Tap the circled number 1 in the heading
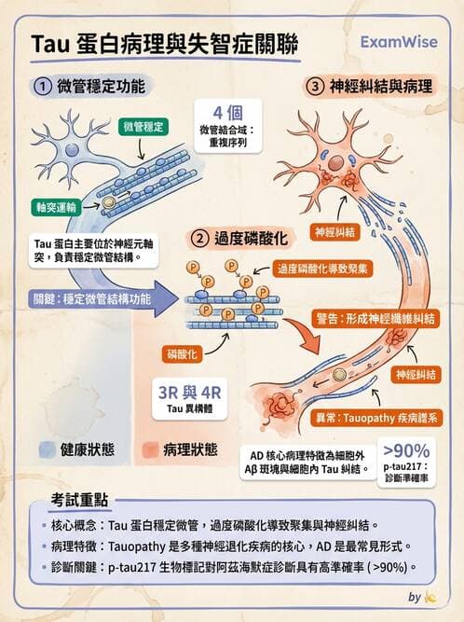coord(42,87)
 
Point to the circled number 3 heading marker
coord(315,87)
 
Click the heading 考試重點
coord(82,494)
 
